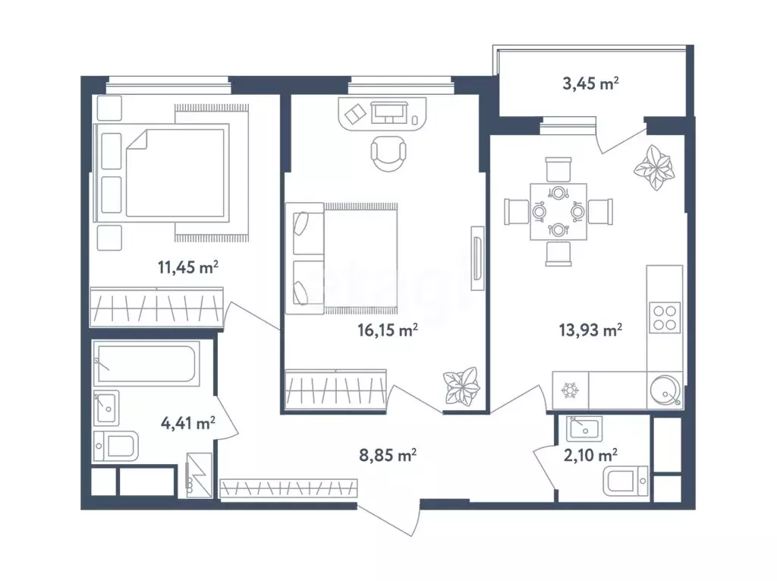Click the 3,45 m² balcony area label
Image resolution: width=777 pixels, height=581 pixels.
(x=590, y=83)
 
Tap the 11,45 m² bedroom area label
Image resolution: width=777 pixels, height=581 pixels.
(x=188, y=267)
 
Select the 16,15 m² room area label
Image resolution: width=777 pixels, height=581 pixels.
(x=388, y=330)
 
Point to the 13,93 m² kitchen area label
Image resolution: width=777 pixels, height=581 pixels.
(x=590, y=330)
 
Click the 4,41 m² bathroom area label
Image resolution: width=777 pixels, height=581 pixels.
(x=188, y=423)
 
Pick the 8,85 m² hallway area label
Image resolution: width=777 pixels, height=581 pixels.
(x=388, y=454)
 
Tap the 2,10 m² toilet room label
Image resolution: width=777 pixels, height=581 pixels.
(x=590, y=454)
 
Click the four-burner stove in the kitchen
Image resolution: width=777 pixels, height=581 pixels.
(x=665, y=317)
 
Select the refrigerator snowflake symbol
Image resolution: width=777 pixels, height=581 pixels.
(x=570, y=390)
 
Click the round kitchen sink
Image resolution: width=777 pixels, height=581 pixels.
(x=665, y=390)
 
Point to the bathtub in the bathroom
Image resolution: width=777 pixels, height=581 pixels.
(x=146, y=364)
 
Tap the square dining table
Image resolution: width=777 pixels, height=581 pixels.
(x=558, y=212)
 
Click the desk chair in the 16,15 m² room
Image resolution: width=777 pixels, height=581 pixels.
(x=388, y=153)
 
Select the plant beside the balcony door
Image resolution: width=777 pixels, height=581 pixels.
(x=654, y=167)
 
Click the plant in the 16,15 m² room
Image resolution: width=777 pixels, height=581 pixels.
(x=462, y=387)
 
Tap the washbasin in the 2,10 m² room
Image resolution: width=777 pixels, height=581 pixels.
(x=585, y=428)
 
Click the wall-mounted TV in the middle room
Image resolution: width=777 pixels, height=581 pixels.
(x=477, y=258)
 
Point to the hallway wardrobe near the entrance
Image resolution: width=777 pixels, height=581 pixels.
(x=288, y=488)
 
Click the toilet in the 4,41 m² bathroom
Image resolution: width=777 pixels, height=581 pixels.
(x=116, y=446)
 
